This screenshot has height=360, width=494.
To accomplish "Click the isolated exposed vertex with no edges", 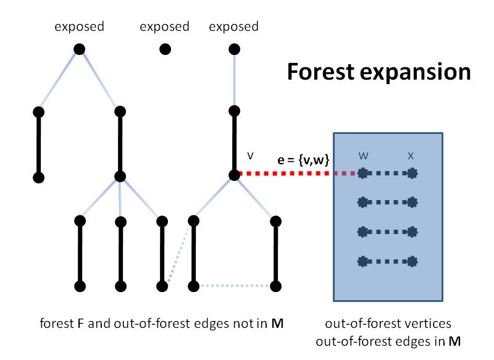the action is pos(165,49).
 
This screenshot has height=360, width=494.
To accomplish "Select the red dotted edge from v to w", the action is pos(298,174).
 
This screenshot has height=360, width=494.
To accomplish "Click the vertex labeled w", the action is pos(362,174).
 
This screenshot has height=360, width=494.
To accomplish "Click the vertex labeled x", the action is pos(412,174).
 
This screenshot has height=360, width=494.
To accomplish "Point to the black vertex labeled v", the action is pos(234,175).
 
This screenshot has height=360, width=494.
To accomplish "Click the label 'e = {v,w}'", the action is pos(303,160).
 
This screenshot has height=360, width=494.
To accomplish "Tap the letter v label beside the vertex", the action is pos(250,156).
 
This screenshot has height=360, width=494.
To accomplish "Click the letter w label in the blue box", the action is pos(363,156).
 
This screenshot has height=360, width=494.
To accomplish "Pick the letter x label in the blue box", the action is pos(411,156).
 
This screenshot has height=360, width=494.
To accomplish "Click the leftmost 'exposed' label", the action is pos(80,27).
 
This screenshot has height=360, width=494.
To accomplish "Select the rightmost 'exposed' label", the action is pos(234,27).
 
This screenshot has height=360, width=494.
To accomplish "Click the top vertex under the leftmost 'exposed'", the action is pos(80,49).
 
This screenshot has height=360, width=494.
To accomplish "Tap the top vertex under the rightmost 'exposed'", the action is pos(234,49).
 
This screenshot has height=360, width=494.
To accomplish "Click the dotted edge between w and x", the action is pos(388,174).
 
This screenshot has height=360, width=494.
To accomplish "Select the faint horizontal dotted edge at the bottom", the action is pos(235,286).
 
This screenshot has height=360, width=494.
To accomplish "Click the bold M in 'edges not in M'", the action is pos(277,324).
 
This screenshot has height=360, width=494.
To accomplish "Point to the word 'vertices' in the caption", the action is pos(433,324).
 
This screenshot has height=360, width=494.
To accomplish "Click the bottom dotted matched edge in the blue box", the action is pos(388,261).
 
